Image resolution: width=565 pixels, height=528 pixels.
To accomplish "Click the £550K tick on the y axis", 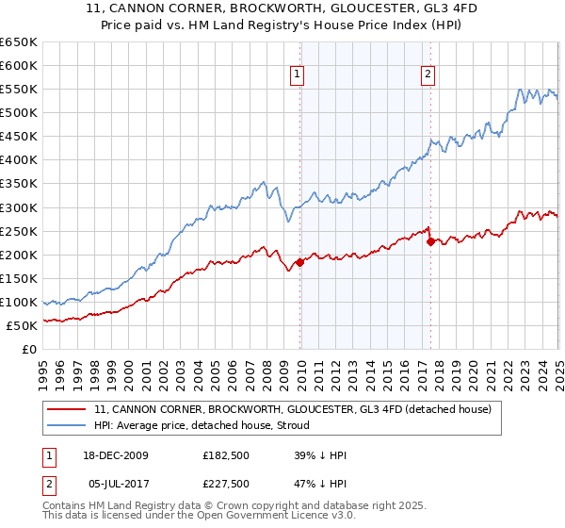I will [19, 89].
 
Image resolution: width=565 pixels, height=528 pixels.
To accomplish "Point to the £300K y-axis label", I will [19, 207].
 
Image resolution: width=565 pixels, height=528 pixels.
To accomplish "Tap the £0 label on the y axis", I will [29, 349].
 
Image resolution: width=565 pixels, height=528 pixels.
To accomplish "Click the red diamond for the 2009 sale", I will [300, 262].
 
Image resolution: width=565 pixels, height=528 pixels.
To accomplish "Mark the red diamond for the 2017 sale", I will [430, 241].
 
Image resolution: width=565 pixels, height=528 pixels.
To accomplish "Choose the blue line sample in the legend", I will [66, 425].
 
